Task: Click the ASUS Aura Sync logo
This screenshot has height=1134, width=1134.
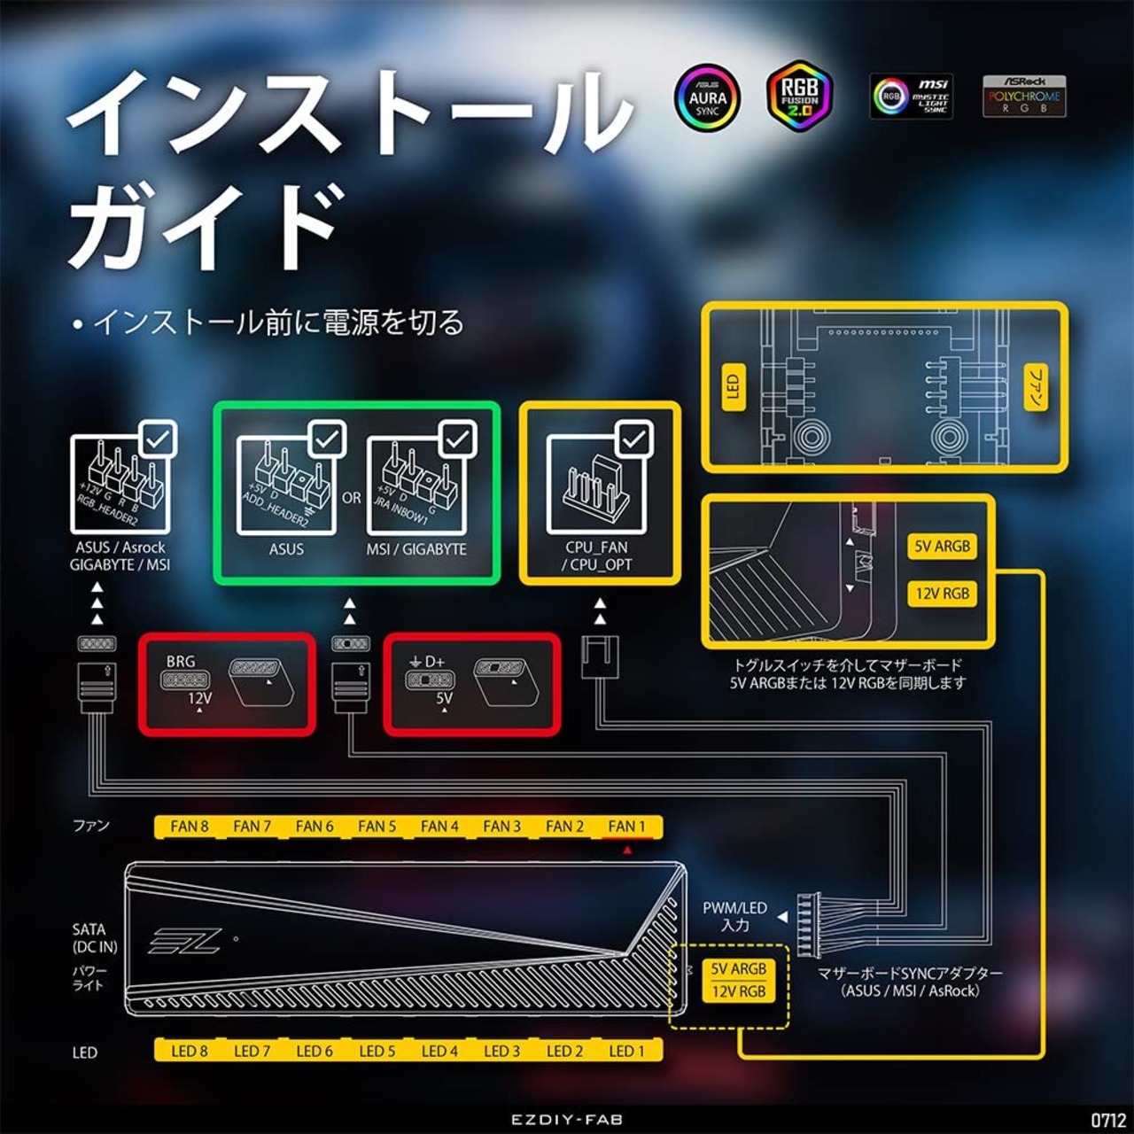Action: pos(707,97)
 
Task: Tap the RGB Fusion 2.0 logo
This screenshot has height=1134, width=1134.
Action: pos(799,96)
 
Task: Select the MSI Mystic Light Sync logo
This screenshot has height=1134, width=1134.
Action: pos(912,97)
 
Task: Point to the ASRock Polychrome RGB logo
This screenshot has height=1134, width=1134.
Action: pos(1024,96)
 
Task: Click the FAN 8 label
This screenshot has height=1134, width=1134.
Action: pos(190,827)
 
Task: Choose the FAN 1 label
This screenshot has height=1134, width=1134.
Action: pos(626,827)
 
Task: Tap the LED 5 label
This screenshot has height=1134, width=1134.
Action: pos(377,1052)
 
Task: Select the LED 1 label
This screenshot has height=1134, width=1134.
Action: pos(626,1052)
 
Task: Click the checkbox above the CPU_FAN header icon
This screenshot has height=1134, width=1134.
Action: pos(634,439)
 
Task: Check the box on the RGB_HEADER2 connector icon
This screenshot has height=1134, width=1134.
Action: pos(159,439)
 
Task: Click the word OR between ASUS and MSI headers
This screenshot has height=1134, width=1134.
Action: pos(352,498)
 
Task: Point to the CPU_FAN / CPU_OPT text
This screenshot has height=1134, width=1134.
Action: pos(597,556)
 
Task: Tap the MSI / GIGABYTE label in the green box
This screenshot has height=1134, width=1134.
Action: pos(416,549)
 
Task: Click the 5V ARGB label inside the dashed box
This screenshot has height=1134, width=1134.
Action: pos(739,969)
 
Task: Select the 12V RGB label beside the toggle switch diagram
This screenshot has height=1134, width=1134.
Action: pos(942,594)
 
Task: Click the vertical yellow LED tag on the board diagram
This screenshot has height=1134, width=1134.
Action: pos(732,387)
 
